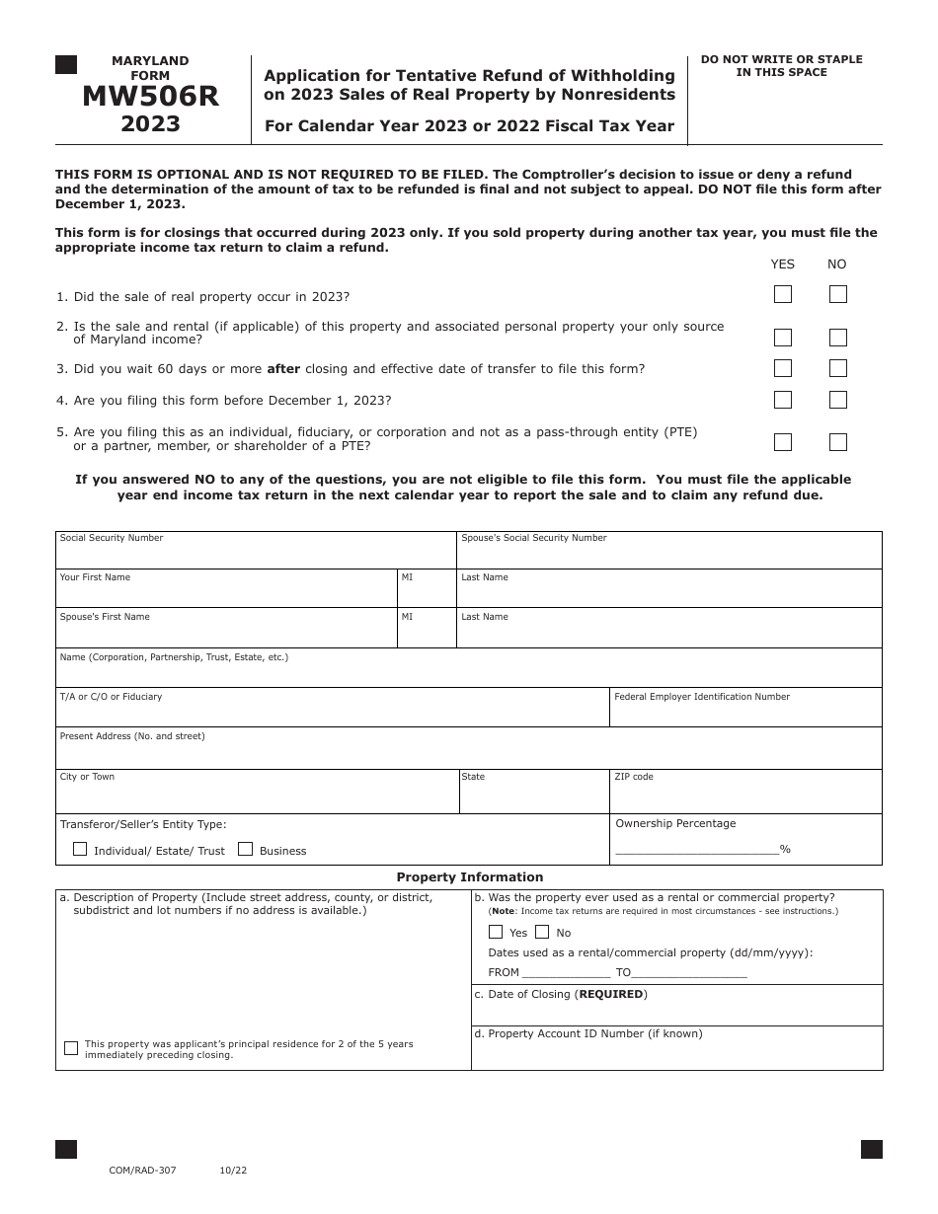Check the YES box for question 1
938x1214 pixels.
783,294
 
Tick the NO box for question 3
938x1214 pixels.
838,368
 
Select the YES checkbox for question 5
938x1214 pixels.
783,442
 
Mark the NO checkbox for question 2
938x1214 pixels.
838,338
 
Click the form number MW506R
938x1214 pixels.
150,97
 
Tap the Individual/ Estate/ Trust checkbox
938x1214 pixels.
80,849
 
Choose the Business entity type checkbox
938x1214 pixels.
246,849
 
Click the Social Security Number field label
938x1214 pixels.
112,538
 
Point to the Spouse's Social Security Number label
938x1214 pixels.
534,538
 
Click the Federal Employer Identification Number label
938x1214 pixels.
702,697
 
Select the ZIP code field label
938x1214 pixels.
634,777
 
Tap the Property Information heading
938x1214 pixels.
470,876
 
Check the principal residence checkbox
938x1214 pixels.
71,1048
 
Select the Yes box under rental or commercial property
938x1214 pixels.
496,932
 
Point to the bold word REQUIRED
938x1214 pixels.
611,994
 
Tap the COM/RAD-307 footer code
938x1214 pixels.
143,1171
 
